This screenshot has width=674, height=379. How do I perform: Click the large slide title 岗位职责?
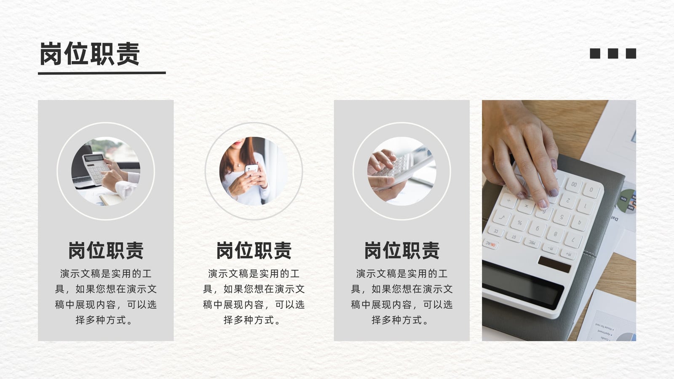[x=90, y=54]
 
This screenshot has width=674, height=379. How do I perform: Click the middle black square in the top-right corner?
[x=613, y=53]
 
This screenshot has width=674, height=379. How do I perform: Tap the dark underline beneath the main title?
[x=102, y=73]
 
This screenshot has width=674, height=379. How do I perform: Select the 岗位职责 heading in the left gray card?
[x=106, y=250]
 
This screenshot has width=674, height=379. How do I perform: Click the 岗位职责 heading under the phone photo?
[x=254, y=250]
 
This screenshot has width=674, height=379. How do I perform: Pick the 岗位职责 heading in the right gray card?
[x=402, y=250]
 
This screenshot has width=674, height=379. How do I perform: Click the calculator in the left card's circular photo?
[x=95, y=168]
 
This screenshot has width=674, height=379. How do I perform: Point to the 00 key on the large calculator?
[x=574, y=184]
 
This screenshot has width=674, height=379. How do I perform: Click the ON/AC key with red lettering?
[x=490, y=245]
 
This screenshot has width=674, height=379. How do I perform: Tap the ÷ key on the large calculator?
[x=508, y=200]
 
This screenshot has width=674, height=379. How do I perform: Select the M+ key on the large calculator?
[x=568, y=254]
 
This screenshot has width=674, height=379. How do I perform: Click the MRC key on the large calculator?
[x=532, y=243]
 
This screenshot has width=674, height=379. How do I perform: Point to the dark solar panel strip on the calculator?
[x=554, y=264]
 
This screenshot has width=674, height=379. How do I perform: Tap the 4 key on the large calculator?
[x=579, y=223]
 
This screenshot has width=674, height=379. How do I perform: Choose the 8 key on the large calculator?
[x=555, y=234]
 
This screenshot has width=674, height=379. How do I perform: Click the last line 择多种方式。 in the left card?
[x=104, y=320]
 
